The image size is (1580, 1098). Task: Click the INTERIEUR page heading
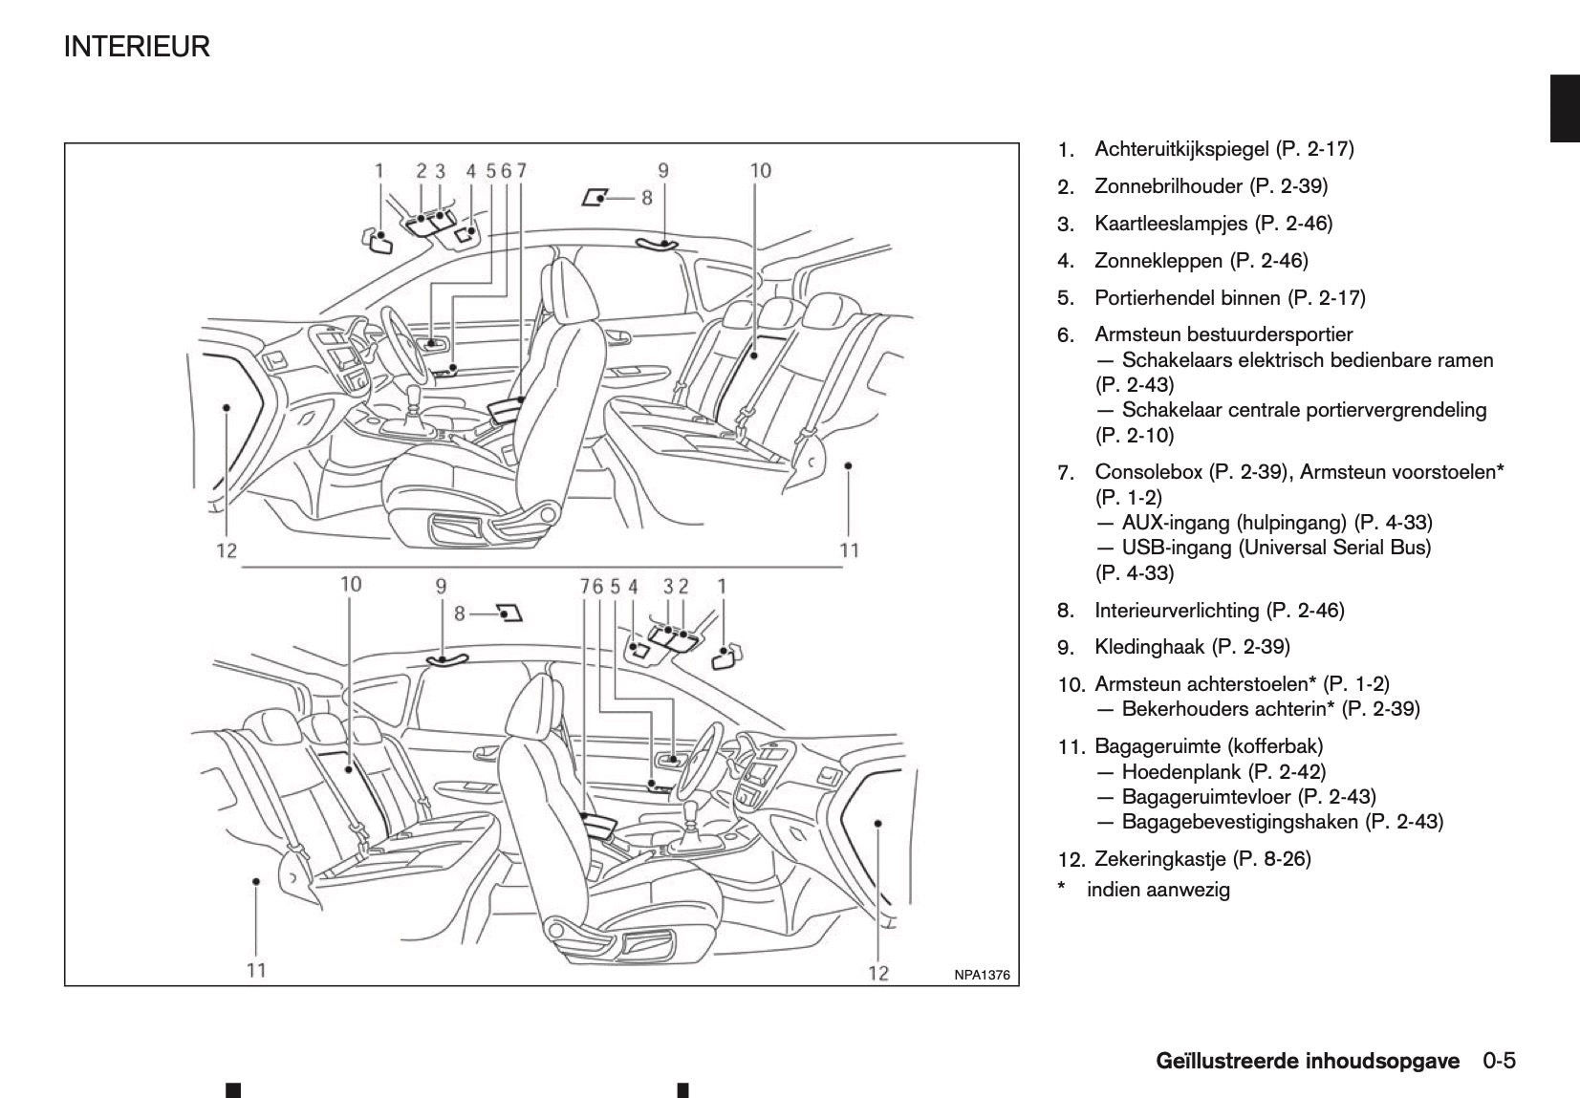tap(137, 47)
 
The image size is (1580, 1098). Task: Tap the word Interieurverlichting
tap(1177, 611)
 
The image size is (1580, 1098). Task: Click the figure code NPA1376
tap(982, 976)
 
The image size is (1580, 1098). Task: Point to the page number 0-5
tap(1501, 1061)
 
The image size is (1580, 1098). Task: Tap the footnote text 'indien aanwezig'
tap(1158, 891)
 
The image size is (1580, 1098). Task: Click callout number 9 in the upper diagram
tap(662, 171)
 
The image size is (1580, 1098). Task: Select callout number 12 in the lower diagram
tap(877, 973)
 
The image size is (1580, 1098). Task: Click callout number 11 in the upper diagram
tap(849, 549)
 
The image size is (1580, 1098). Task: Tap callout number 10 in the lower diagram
tap(351, 583)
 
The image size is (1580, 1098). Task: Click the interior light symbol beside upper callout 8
tap(595, 198)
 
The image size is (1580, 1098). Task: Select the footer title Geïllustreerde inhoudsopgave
tap(1308, 1061)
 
